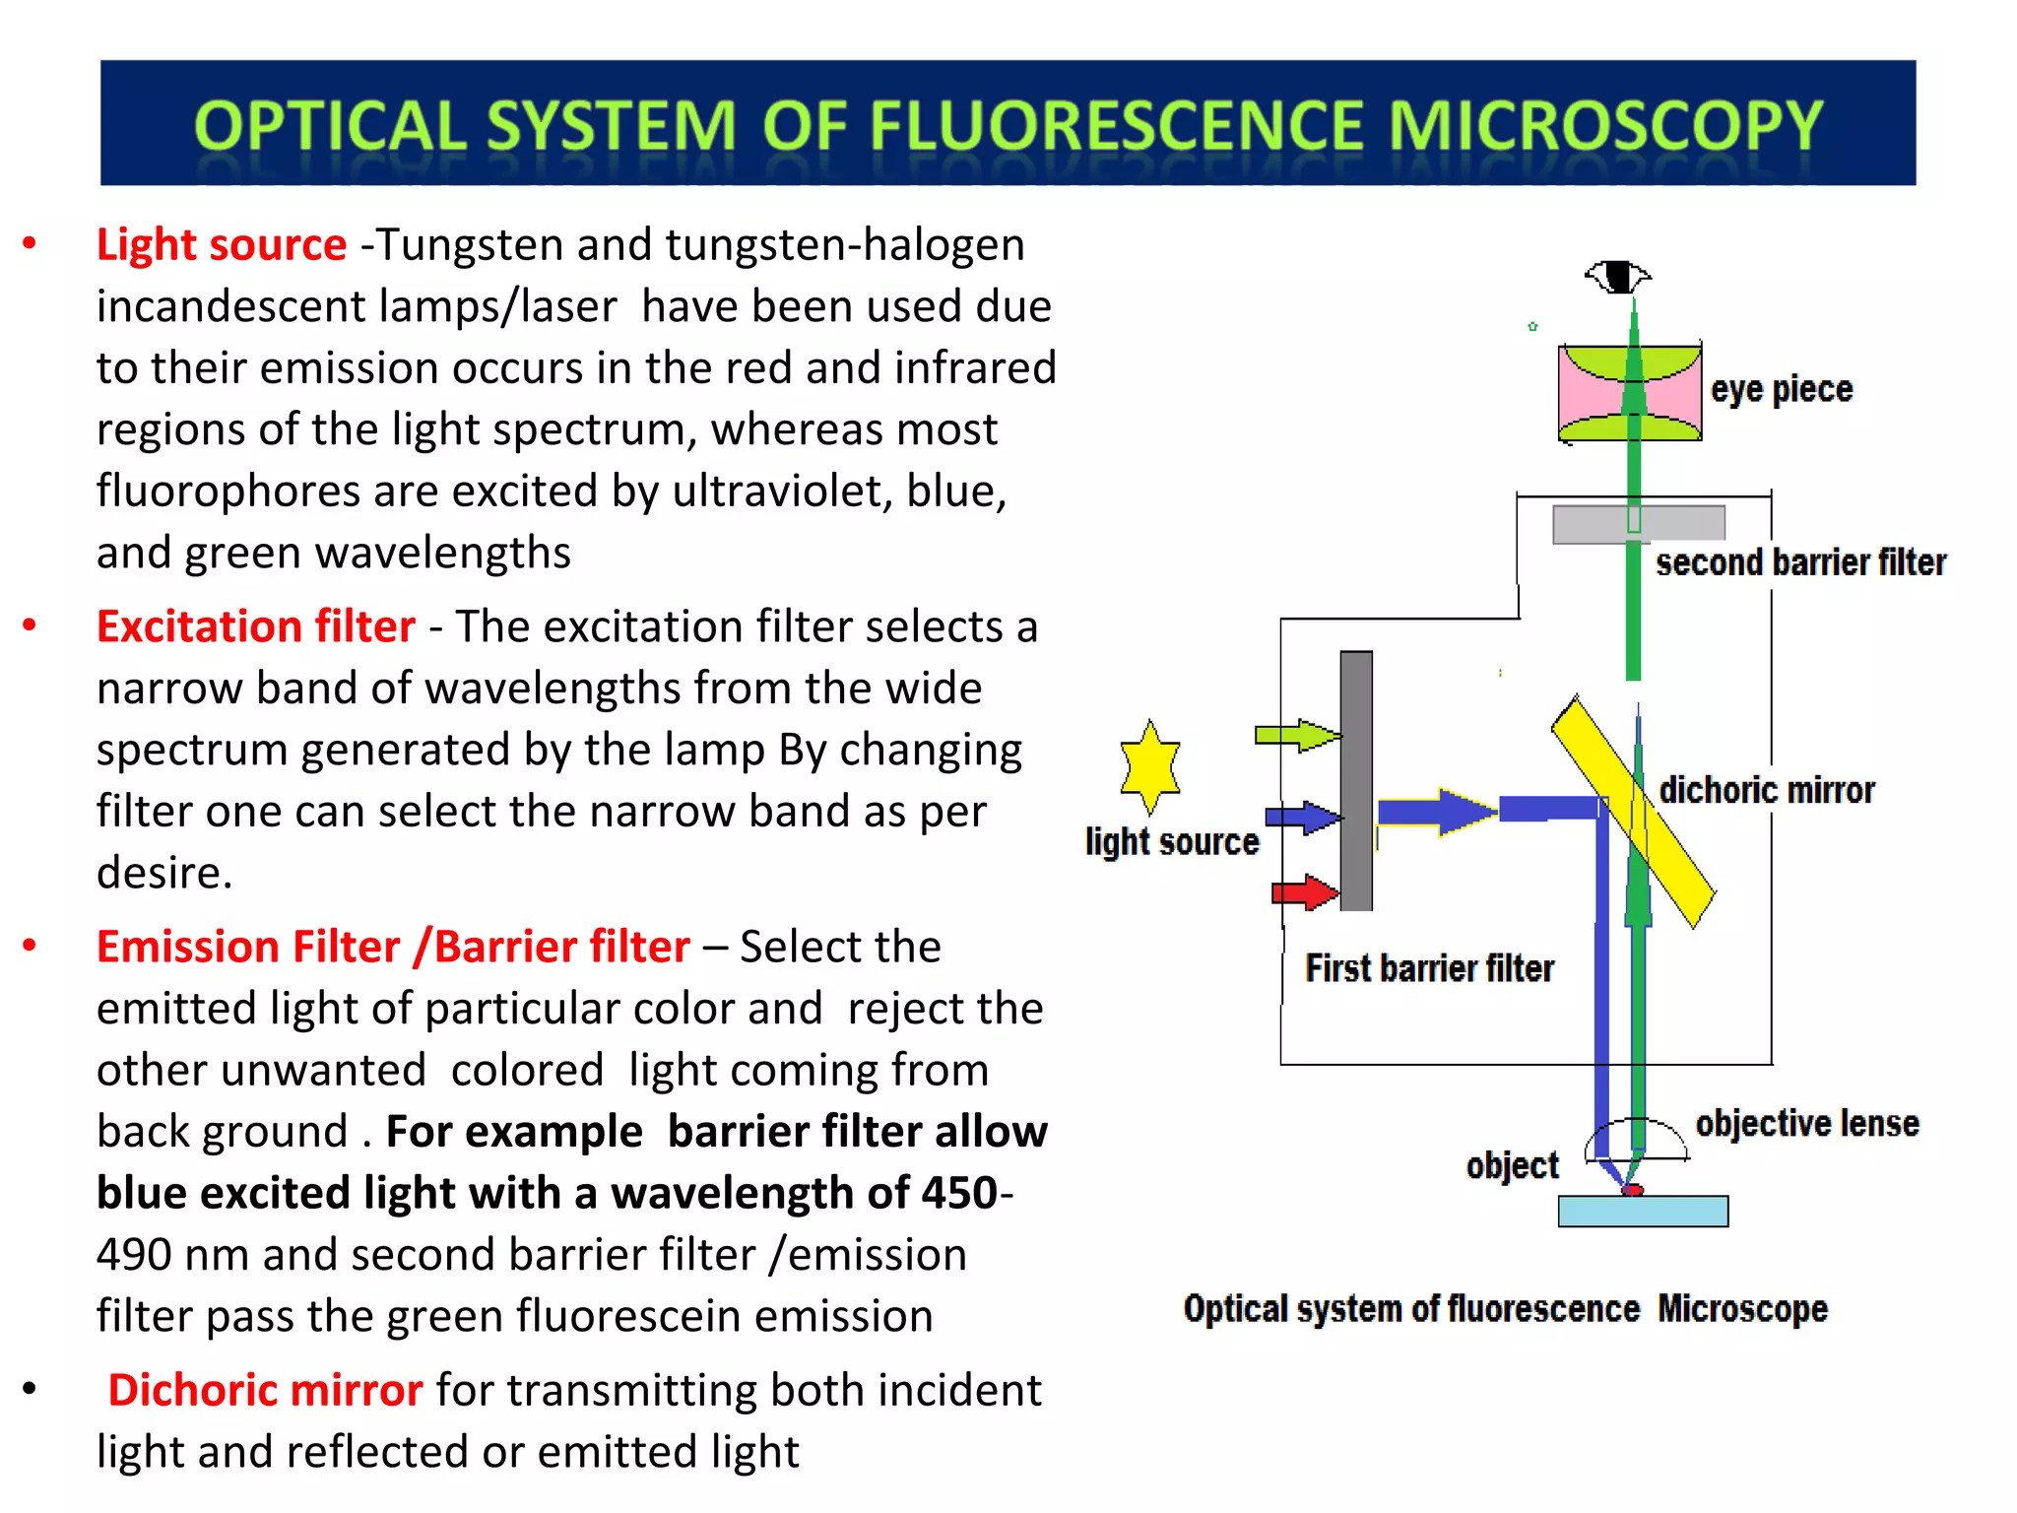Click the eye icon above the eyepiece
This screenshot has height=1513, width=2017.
[x=1617, y=276]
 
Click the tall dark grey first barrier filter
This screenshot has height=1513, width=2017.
[x=1356, y=780]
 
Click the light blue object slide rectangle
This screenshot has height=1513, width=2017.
[x=1643, y=1212]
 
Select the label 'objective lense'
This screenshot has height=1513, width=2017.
[x=1807, y=1123]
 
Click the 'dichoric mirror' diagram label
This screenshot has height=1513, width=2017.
[x=1767, y=790]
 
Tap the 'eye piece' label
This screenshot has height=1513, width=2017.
[x=1782, y=389]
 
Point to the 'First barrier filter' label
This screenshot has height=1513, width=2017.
[x=1429, y=968]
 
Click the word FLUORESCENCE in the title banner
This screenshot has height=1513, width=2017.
[x=1118, y=126]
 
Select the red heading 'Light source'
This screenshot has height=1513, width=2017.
[x=222, y=244]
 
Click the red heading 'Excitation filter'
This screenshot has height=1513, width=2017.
[x=256, y=626]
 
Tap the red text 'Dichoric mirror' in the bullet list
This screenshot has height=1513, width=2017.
[x=265, y=1390]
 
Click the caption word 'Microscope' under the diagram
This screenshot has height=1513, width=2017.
[x=1742, y=1309]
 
